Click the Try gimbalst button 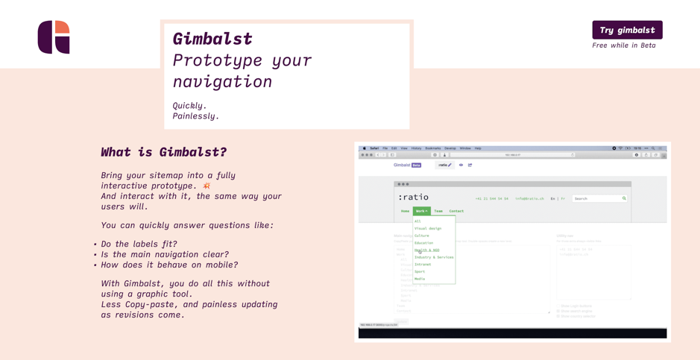coord(627,30)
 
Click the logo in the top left coord(54,37)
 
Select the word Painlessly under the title coord(195,116)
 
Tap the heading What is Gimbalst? coord(163,152)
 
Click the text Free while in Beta coord(623,45)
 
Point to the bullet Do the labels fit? coord(139,244)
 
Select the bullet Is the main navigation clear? coord(165,254)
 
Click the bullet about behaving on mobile coord(169,265)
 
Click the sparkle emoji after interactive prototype coord(206,186)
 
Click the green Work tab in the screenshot coord(421,211)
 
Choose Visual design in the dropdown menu coord(428,229)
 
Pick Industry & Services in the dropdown coord(434,257)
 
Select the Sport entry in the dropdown coord(420,271)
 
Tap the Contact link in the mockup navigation coord(456,211)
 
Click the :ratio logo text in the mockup coord(413,198)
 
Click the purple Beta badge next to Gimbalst coord(417,165)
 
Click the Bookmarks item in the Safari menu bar coord(432,148)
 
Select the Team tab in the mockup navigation coord(438,211)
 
